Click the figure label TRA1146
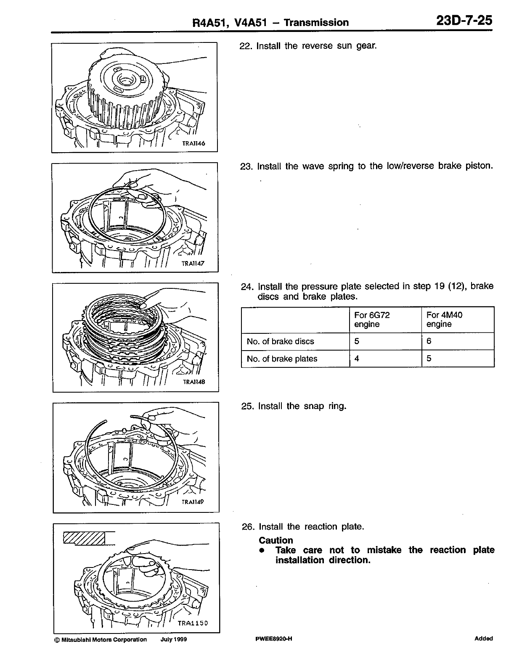click(193, 143)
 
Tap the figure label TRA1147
click(193, 264)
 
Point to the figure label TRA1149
click(193, 502)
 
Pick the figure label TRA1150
click(193, 623)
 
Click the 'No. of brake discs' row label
click(280, 341)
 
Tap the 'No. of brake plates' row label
click(282, 359)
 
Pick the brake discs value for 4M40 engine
click(429, 341)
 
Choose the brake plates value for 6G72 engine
click(357, 359)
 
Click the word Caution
click(276, 541)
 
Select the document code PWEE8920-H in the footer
click(273, 639)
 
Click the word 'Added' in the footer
click(483, 639)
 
